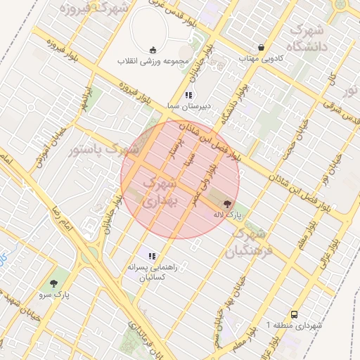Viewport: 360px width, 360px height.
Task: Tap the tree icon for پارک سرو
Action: [x=54, y=283]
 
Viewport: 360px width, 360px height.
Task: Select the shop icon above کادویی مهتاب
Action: [x=262, y=48]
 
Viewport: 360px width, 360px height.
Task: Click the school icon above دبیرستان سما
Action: [x=188, y=94]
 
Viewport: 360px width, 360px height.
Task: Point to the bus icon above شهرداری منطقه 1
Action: [x=294, y=315]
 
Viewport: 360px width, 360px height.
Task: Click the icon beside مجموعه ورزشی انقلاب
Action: [x=153, y=49]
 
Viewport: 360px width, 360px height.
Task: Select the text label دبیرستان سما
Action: [x=187, y=105]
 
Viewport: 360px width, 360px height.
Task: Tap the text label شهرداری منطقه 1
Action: [x=295, y=326]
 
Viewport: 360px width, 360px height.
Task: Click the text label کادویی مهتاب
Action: [x=261, y=58]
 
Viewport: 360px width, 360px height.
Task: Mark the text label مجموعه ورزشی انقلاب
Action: [x=154, y=60]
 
